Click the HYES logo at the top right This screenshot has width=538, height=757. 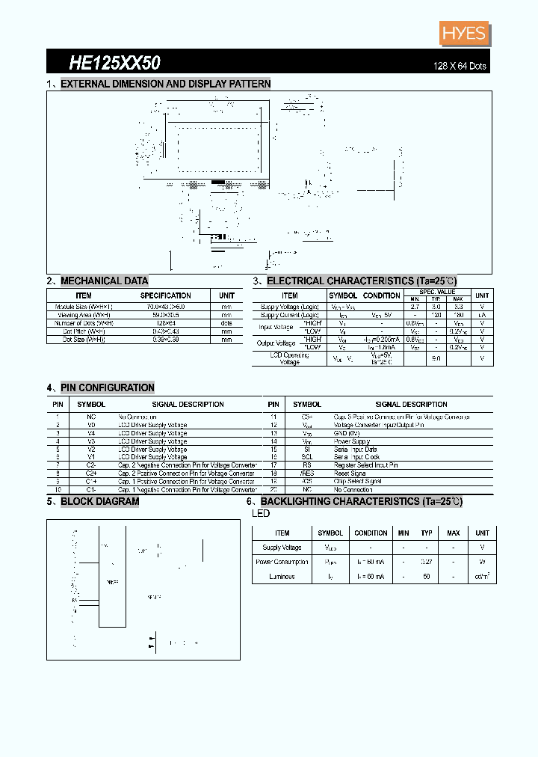pyautogui.click(x=464, y=34)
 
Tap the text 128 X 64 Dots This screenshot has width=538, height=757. pyautogui.click(x=460, y=66)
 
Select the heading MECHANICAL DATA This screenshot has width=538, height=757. pyautogui.click(x=104, y=281)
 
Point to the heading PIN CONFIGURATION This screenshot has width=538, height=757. pyautogui.click(x=107, y=387)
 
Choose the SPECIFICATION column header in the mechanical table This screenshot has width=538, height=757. pyautogui.click(x=166, y=295)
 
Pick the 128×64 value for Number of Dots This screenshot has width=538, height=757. pyautogui.click(x=166, y=323)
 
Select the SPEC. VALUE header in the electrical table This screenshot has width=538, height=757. pyautogui.click(x=437, y=291)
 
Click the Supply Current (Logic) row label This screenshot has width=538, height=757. pyautogui.click(x=290, y=315)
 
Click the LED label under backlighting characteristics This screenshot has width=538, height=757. pyautogui.click(x=261, y=514)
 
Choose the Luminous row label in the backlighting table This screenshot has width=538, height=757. pyautogui.click(x=282, y=577)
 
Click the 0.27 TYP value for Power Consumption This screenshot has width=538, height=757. pyautogui.click(x=427, y=562)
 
